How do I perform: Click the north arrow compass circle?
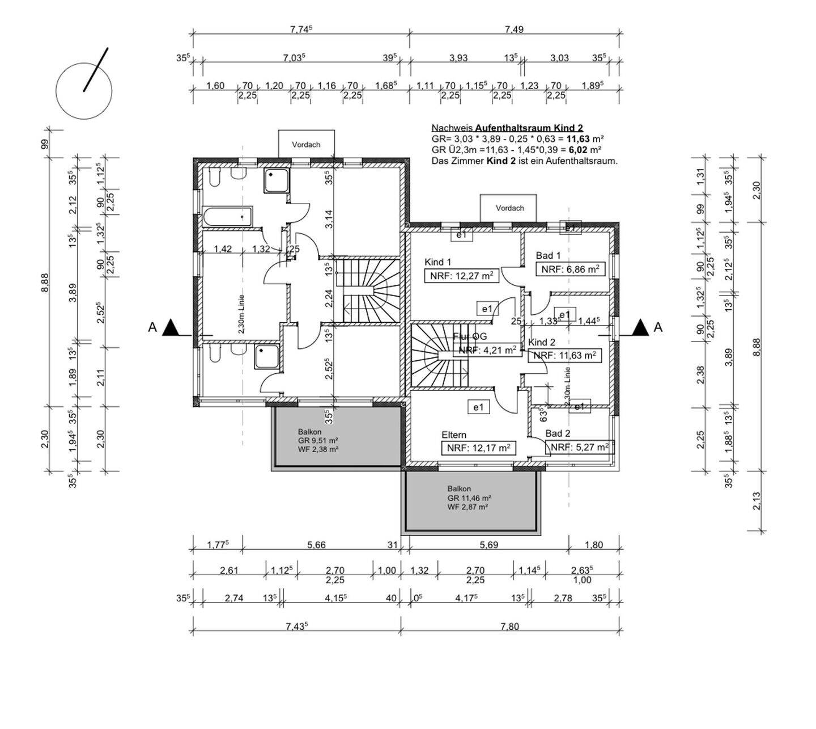pyautogui.click(x=84, y=91)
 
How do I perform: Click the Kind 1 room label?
pyautogui.click(x=437, y=262)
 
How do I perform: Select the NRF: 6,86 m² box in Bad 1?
pyautogui.click(x=570, y=269)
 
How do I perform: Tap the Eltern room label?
pyautogui.click(x=454, y=435)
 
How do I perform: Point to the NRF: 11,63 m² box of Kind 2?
pyautogui.click(x=564, y=356)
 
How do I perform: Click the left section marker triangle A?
pyautogui.click(x=170, y=328)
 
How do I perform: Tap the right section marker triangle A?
pyautogui.click(x=640, y=327)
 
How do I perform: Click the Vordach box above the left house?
pyautogui.click(x=306, y=144)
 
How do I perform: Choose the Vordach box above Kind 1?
pyautogui.click(x=509, y=208)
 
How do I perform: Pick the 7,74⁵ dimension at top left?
pyautogui.click(x=301, y=30)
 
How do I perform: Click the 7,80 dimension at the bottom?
pyautogui.click(x=509, y=626)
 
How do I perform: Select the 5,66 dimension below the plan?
pyautogui.click(x=316, y=545)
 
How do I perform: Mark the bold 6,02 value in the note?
pyautogui.click(x=577, y=150)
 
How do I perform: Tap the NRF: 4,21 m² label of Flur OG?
pyautogui.click(x=487, y=350)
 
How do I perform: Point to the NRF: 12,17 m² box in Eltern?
pyautogui.click(x=478, y=448)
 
